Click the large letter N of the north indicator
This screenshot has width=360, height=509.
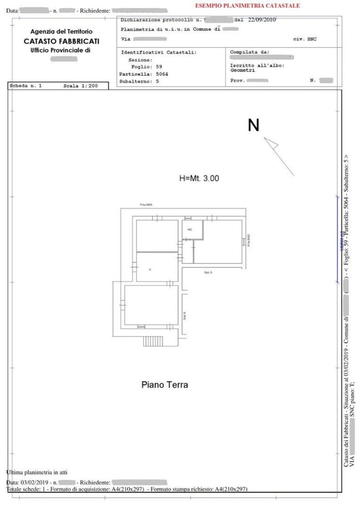tap(253, 125)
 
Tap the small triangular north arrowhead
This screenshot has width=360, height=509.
tap(271, 143)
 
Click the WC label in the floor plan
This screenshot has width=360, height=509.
tap(189, 230)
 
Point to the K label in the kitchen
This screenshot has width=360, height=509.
tap(150, 269)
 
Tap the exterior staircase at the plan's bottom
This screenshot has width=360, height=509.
tap(153, 341)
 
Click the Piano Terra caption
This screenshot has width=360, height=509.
tap(164, 385)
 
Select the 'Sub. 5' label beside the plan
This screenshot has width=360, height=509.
tap(208, 273)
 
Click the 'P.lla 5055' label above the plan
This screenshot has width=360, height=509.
tap(146, 205)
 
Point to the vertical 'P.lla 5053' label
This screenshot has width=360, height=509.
tap(248, 240)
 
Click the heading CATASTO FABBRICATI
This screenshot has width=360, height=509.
tap(62, 41)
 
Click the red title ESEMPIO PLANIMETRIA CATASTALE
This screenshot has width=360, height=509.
tap(247, 6)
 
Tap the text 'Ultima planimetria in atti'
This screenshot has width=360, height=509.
tap(37, 472)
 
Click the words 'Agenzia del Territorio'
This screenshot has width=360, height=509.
tap(62, 32)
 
